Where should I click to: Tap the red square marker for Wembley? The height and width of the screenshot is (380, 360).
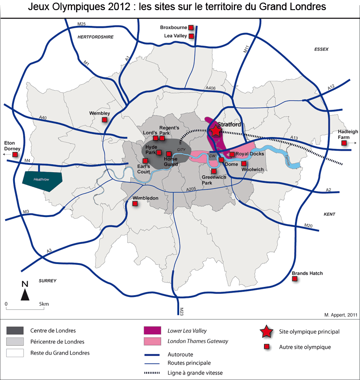click(104, 120)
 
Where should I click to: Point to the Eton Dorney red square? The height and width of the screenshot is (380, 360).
click(15, 155)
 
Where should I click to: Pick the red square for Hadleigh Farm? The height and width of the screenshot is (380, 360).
click(345, 143)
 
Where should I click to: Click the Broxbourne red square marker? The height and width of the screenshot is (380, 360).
click(191, 27)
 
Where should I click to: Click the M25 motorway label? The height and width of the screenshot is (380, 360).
click(81, 23)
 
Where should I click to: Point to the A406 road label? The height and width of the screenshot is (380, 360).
click(210, 89)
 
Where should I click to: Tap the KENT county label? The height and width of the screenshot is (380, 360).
click(329, 214)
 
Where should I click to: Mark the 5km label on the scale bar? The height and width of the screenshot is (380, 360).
click(43, 304)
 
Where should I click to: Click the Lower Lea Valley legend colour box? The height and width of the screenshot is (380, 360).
click(153, 331)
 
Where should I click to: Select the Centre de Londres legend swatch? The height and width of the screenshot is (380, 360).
click(15, 331)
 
